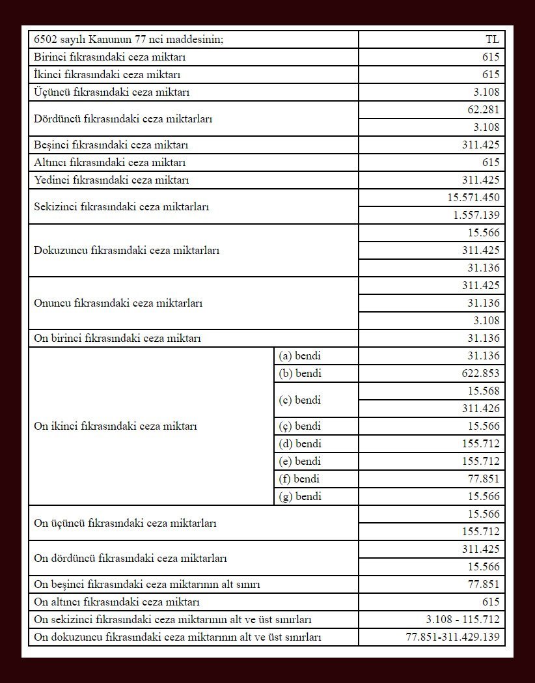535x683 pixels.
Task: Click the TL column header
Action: pyautogui.click(x=492, y=40)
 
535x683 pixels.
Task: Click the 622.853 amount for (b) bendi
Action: pyautogui.click(x=481, y=374)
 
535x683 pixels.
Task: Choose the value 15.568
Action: pyautogui.click(x=484, y=391)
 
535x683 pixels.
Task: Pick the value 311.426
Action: pyautogui.click(x=481, y=409)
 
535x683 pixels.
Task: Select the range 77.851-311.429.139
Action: pyautogui.click(x=452, y=637)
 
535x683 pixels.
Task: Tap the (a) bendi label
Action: pyautogui.click(x=300, y=356)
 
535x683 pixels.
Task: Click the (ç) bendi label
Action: pyautogui.click(x=300, y=426)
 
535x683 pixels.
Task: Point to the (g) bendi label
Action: pyautogui.click(x=300, y=497)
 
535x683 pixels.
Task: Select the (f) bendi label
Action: pyautogui.click(x=299, y=479)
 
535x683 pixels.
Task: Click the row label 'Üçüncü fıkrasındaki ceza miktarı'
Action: pyautogui.click(x=111, y=92)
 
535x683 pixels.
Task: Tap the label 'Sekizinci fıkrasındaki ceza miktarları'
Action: pyautogui.click(x=121, y=207)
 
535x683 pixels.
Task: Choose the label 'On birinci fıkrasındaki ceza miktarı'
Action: pyautogui.click(x=117, y=339)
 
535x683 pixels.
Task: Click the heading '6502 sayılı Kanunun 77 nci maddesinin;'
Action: pyautogui.click(x=128, y=40)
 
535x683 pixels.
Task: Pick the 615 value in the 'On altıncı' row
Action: pyautogui.click(x=491, y=602)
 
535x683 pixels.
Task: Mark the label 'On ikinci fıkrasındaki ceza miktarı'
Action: pyautogui.click(x=115, y=426)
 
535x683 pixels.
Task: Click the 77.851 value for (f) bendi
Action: pyautogui.click(x=484, y=479)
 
